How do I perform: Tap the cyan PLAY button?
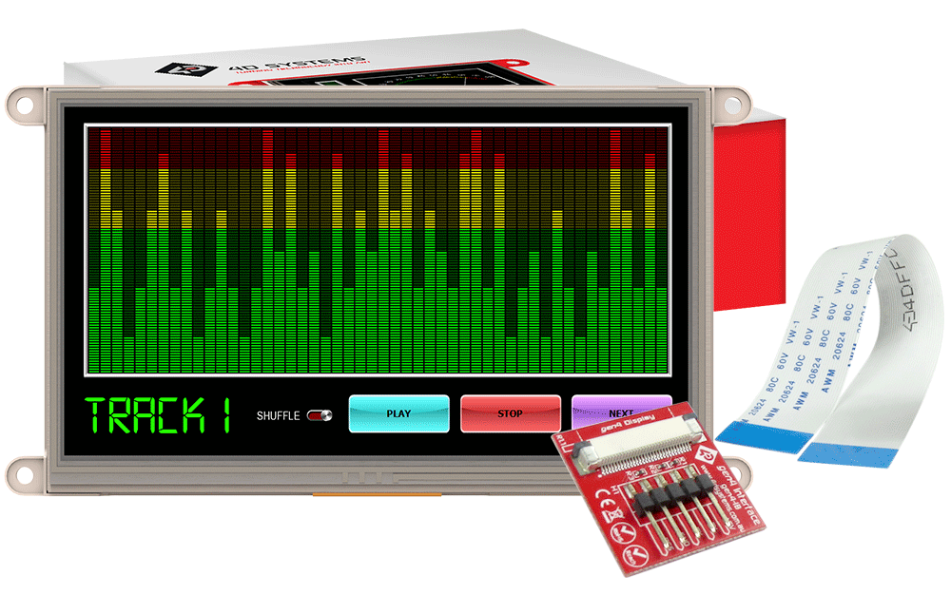[398, 413]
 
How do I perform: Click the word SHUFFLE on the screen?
[278, 415]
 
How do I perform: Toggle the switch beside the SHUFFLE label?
[320, 415]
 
